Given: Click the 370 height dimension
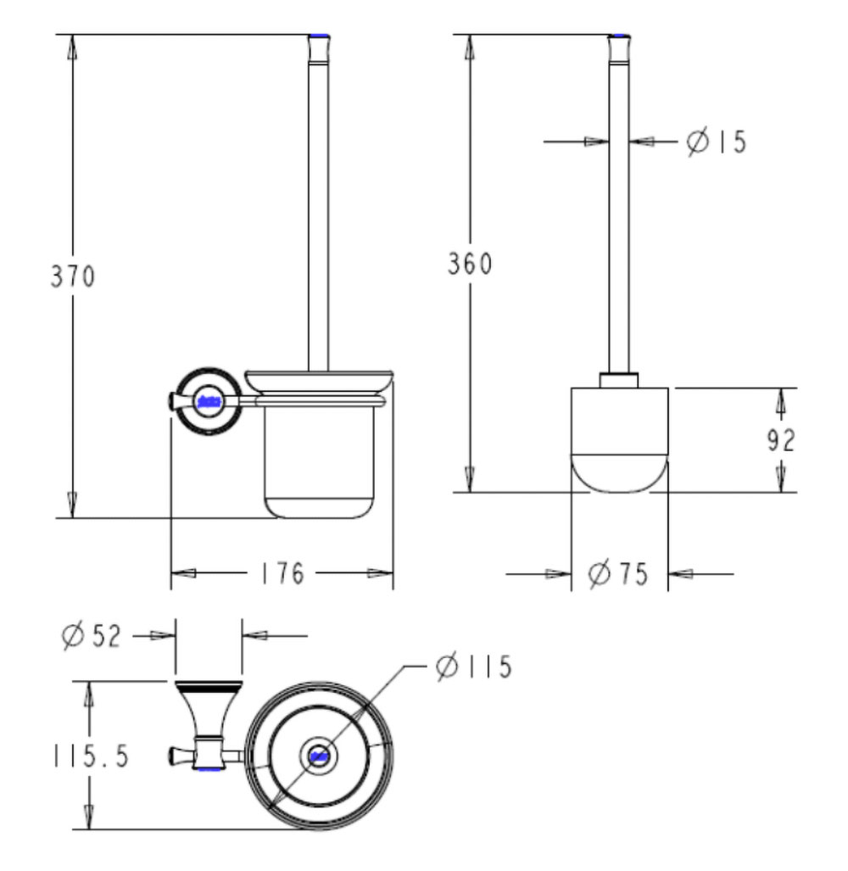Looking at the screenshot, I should [x=72, y=276].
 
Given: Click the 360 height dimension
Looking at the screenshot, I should [x=470, y=265].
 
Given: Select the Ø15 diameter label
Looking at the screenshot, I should [x=717, y=142].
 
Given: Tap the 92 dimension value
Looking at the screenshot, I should [x=777, y=441].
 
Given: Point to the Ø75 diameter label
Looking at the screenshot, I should [x=618, y=575].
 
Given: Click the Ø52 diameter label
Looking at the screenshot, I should [x=92, y=634].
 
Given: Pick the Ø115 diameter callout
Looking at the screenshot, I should [x=474, y=667].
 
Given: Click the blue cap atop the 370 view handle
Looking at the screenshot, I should [x=319, y=36].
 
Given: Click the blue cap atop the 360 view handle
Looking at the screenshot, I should [x=620, y=36].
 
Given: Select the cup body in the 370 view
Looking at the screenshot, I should [x=318, y=458].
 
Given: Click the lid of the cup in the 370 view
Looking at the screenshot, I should [x=318, y=380].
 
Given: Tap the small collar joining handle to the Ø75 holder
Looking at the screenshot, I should [x=619, y=379].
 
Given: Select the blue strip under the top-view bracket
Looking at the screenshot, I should [x=209, y=770].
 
